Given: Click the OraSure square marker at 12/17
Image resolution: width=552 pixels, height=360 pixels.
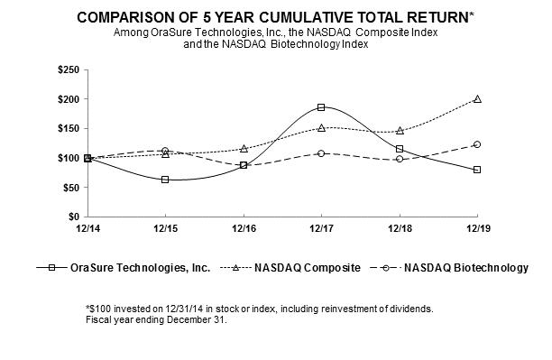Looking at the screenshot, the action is tap(321, 107).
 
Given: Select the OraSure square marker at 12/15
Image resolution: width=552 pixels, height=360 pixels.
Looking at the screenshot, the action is tap(165, 180).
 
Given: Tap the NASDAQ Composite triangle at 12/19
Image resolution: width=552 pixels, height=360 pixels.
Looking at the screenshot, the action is tap(477, 99).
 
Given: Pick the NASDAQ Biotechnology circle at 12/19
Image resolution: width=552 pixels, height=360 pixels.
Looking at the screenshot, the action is tap(477, 144).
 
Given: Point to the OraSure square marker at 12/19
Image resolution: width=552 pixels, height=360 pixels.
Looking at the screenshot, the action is tap(477, 170).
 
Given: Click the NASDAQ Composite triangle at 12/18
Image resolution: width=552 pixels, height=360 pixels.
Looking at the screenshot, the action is tap(400, 131).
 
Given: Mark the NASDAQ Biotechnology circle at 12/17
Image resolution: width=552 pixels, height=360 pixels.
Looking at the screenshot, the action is tap(321, 153).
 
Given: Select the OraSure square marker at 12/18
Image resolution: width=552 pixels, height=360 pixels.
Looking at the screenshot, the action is tap(400, 149).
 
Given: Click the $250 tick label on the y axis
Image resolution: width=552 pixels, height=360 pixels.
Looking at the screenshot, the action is tap(69, 69).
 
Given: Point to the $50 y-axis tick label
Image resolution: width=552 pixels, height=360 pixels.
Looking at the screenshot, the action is tap(71, 188).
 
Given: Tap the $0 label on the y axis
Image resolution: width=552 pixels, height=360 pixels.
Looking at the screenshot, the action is tap(74, 217).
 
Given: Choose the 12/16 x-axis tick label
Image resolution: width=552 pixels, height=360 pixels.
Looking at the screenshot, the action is tap(244, 228).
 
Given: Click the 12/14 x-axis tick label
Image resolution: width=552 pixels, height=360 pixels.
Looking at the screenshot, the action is tap(87, 228).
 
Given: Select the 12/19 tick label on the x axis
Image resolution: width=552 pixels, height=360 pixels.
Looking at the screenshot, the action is tap(478, 228).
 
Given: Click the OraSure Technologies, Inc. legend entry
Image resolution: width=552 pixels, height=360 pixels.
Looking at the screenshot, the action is tap(124, 268).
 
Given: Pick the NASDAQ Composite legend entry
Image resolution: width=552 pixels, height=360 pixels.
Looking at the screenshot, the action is tap(290, 268).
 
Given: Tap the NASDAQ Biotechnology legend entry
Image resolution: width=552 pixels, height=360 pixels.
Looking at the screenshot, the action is tap(449, 268).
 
